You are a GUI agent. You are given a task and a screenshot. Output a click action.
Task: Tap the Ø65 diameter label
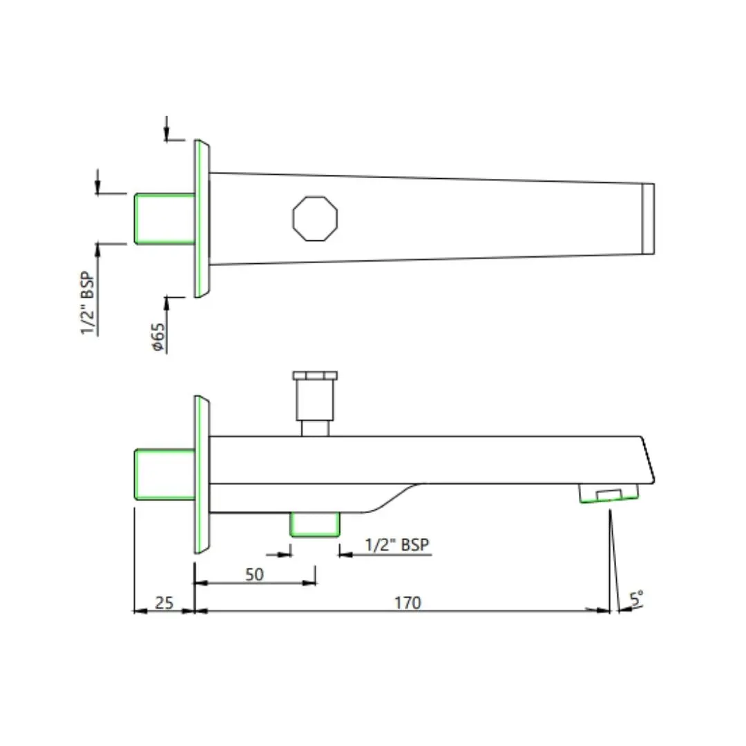(x=158, y=337)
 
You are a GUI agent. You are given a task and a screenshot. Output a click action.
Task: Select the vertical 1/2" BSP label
(x=88, y=303)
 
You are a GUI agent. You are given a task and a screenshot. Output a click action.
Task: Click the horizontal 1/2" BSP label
(x=396, y=545)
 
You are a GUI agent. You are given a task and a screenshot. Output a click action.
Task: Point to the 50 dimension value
(x=254, y=575)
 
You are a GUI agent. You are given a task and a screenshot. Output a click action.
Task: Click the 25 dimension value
(x=164, y=603)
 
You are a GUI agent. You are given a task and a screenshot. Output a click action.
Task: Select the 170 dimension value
(x=408, y=603)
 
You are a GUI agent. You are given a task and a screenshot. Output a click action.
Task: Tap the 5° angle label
(x=637, y=598)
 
